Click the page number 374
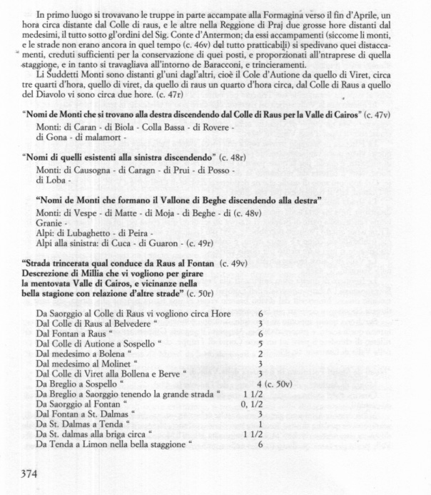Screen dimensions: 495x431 point(29,473)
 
